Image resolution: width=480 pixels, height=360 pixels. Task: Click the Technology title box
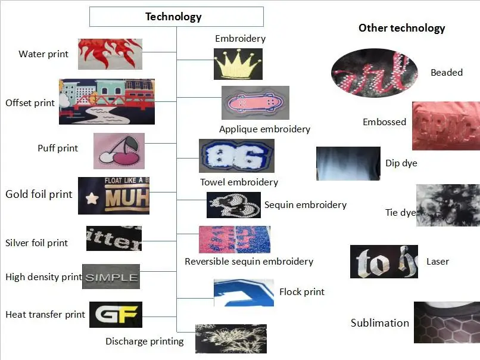click(x=176, y=17)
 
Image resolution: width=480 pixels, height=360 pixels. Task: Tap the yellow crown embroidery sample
click(x=238, y=63)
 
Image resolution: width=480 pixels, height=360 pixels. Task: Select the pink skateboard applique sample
click(x=255, y=103)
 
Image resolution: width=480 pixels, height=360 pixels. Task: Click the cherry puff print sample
click(x=119, y=151)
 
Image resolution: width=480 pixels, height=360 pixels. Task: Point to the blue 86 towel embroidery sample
click(x=236, y=156)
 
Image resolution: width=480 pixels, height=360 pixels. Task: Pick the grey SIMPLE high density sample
click(x=111, y=277)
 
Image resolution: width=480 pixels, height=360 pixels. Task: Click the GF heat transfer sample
click(x=116, y=315)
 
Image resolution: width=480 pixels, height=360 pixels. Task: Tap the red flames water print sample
click(x=110, y=54)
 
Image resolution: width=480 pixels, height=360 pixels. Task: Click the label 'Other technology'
click(x=401, y=28)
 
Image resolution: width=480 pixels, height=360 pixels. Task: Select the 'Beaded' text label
click(x=447, y=73)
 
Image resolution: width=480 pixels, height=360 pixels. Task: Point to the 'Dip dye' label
click(x=401, y=163)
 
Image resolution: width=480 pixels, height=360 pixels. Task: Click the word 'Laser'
click(x=438, y=262)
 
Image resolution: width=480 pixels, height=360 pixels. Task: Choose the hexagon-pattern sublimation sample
click(x=447, y=322)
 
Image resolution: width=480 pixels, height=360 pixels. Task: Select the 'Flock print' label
click(x=302, y=292)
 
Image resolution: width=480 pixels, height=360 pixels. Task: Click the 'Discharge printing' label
click(x=145, y=342)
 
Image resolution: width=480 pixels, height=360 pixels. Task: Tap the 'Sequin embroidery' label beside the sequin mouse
click(x=306, y=204)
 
